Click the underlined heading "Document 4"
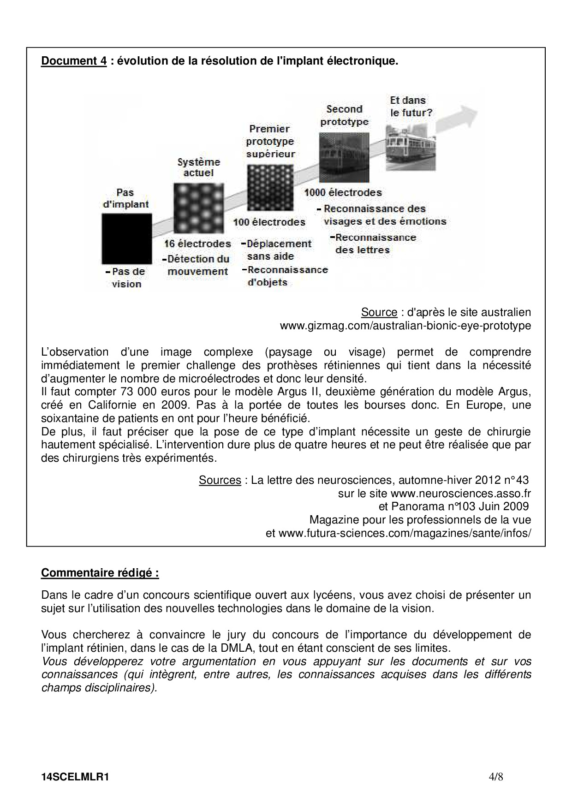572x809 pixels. coord(74,61)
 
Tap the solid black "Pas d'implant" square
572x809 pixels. coord(126,238)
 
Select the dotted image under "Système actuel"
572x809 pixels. coord(198,208)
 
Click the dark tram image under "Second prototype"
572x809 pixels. coord(344,156)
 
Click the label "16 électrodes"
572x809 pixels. coord(197,244)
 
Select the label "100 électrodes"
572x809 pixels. coord(269,222)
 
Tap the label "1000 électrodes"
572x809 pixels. coord(343,193)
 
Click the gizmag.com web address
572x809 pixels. coord(405,326)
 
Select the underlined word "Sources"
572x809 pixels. coord(220,480)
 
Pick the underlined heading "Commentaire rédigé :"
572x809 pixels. coord(100,573)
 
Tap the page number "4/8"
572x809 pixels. coord(495,777)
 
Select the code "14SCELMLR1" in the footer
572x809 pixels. coord(75,777)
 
